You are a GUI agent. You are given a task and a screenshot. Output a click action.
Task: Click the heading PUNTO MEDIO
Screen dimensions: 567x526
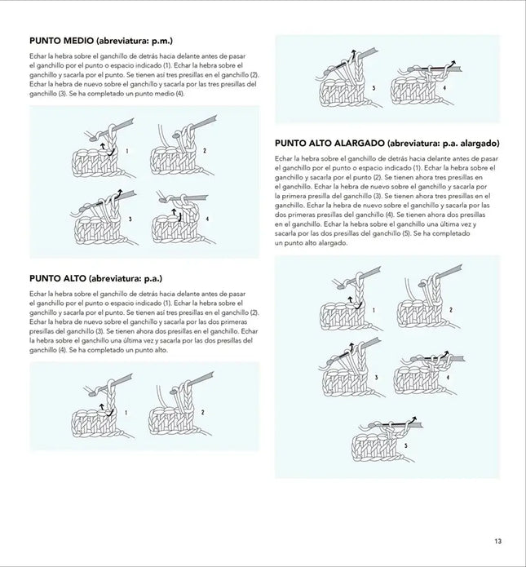[60, 41]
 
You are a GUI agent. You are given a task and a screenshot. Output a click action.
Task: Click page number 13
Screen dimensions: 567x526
[497, 539]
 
